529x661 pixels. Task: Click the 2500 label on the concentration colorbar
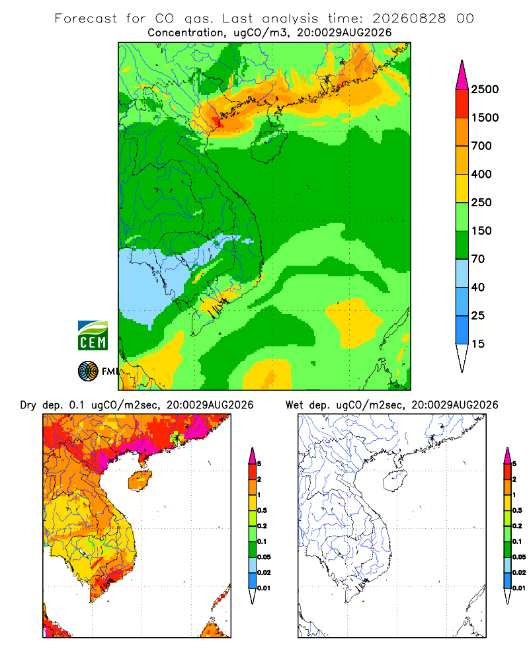(485, 89)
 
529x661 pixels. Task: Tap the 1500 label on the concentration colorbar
(485, 118)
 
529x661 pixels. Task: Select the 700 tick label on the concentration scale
(481, 146)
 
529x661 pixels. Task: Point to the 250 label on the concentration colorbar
(481, 202)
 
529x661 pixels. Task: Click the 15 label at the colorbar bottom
(478, 344)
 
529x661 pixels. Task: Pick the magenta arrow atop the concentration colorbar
(462, 75)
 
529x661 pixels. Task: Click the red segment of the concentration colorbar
(462, 104)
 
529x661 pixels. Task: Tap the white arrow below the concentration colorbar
(462, 358)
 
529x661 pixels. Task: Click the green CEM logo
(93, 336)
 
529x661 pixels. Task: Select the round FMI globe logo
(88, 371)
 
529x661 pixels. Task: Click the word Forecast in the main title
(86, 19)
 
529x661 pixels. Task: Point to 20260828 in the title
(409, 19)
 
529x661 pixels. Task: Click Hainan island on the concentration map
(268, 145)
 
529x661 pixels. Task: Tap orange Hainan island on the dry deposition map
(140, 481)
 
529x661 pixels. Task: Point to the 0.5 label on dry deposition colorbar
(262, 510)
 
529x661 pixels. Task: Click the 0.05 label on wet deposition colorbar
(519, 557)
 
